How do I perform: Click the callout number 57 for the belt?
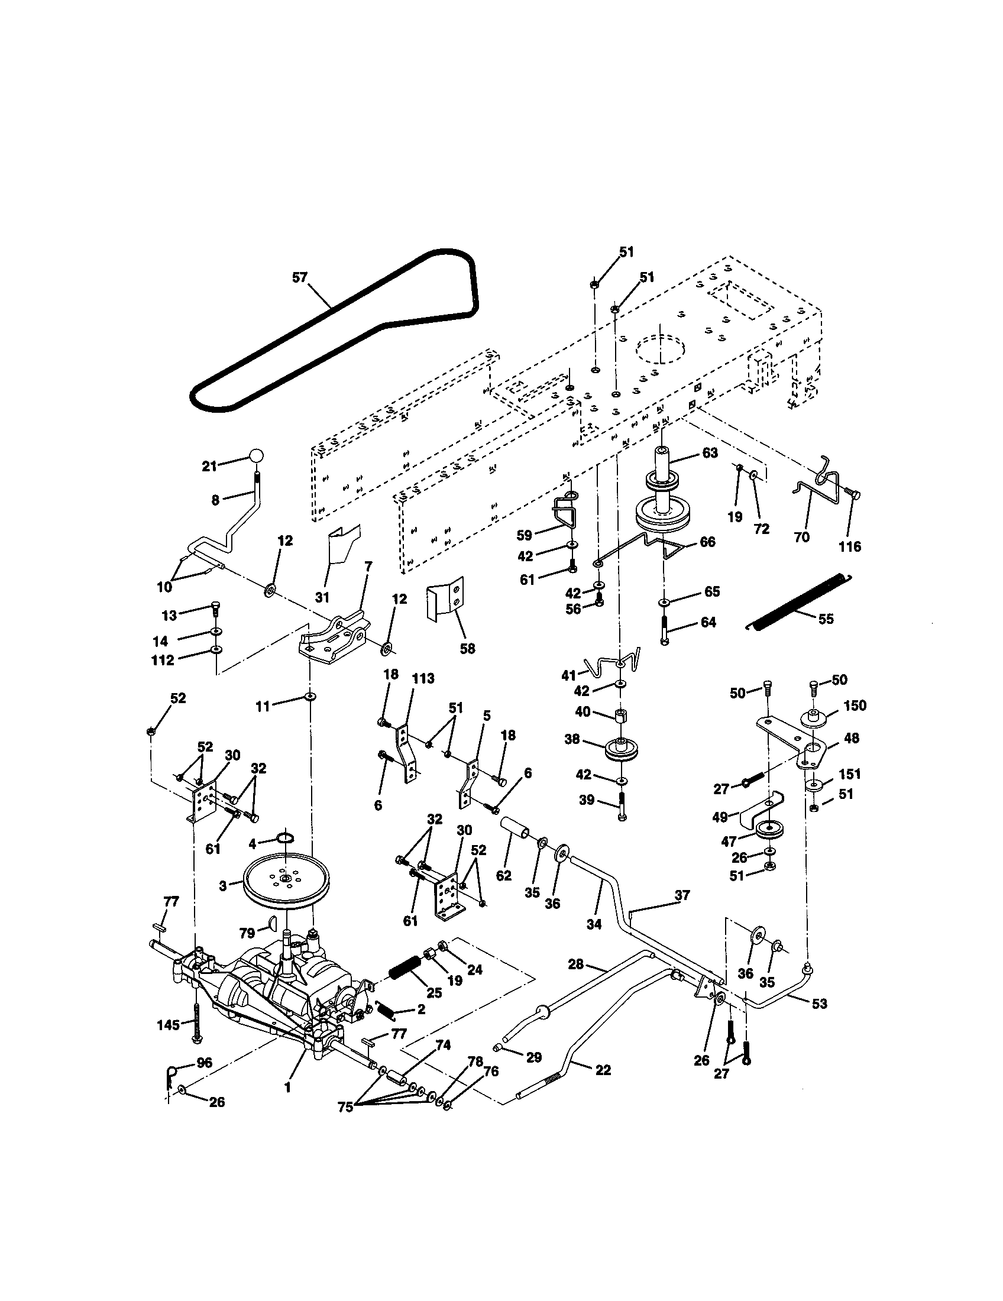pos(300,277)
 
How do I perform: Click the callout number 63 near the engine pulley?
pos(710,453)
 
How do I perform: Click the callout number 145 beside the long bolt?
pos(169,1024)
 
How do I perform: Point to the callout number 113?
pos(423,678)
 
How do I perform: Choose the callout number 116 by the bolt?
pos(850,546)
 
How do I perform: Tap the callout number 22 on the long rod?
pos(603,1070)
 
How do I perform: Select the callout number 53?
pos(820,1003)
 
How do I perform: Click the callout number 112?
pos(163,660)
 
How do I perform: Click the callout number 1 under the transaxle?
pos(287,1087)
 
